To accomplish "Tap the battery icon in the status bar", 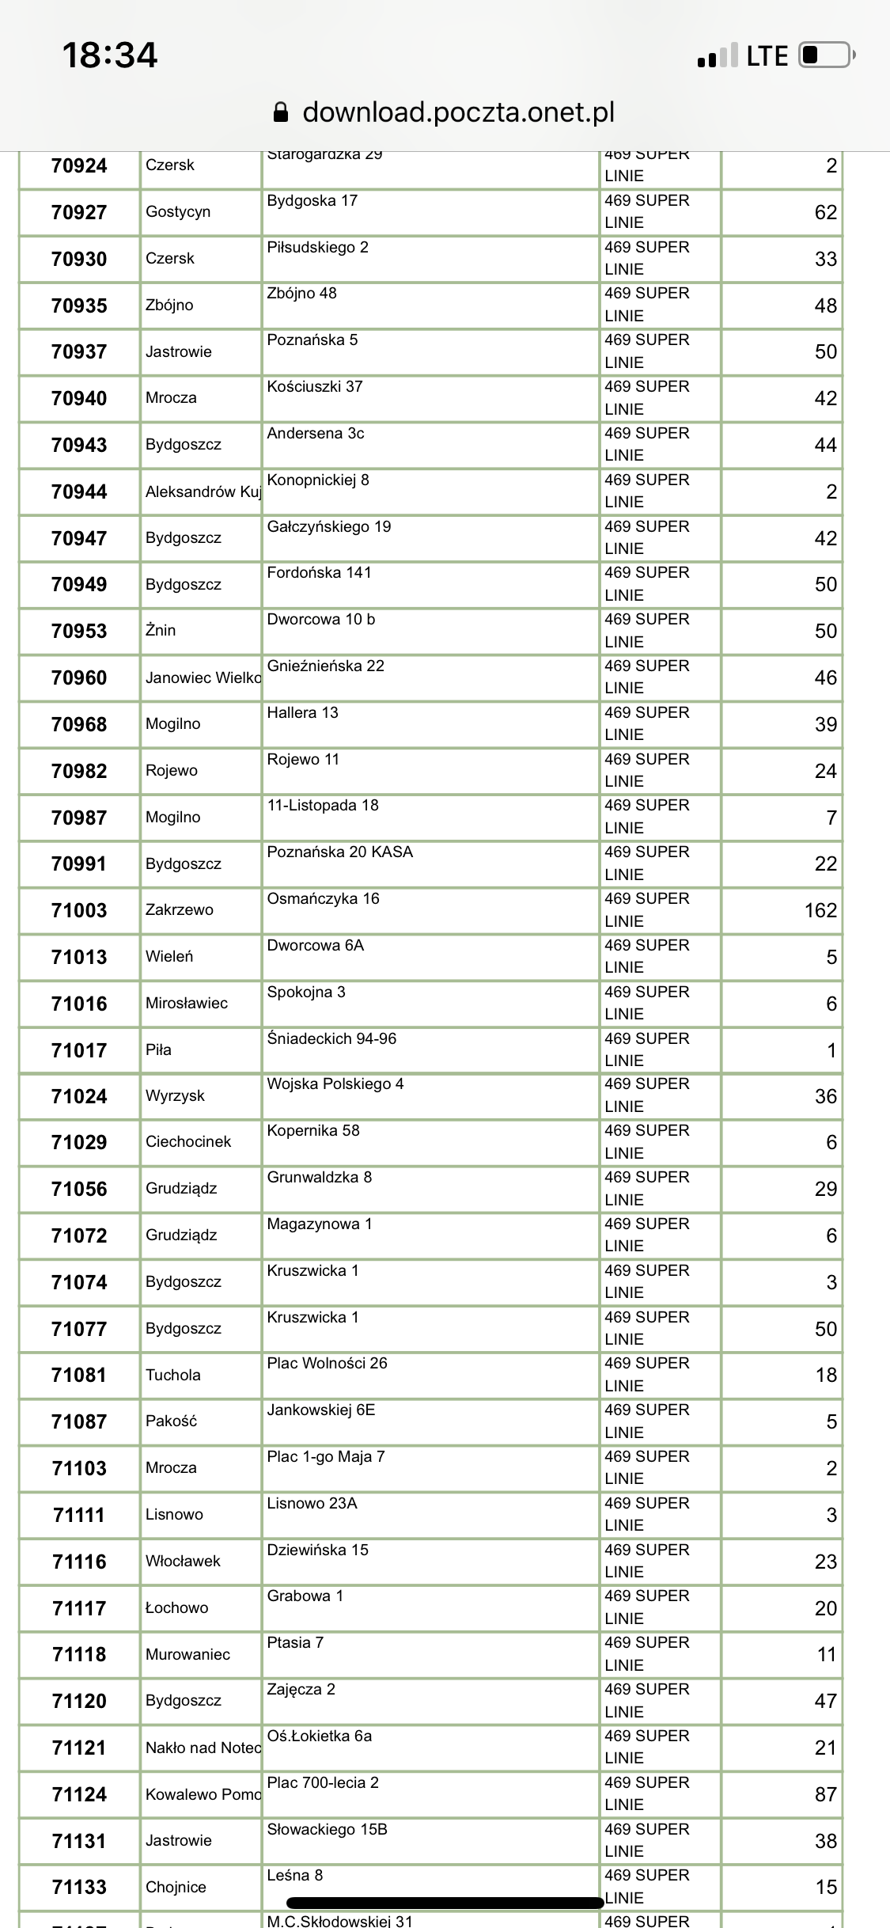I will (827, 55).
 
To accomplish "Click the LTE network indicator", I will (767, 56).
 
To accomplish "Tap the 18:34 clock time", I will (110, 55).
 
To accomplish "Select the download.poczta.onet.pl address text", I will (458, 112).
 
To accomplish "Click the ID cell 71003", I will (79, 910).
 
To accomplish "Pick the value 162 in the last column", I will (820, 910).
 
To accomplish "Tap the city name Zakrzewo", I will (180, 909).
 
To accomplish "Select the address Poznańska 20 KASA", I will (340, 852).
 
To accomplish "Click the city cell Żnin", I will (161, 630).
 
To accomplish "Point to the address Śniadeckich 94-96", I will (331, 1038).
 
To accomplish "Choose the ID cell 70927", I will (79, 212).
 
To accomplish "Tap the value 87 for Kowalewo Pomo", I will (826, 1794).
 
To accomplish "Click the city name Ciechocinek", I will (188, 1141).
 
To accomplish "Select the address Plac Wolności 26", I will (328, 1363).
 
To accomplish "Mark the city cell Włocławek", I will (183, 1561).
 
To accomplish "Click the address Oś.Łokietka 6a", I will (320, 1736).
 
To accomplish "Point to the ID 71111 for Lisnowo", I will (79, 1515).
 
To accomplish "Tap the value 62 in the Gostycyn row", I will (826, 212).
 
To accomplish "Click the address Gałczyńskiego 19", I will (329, 526).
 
